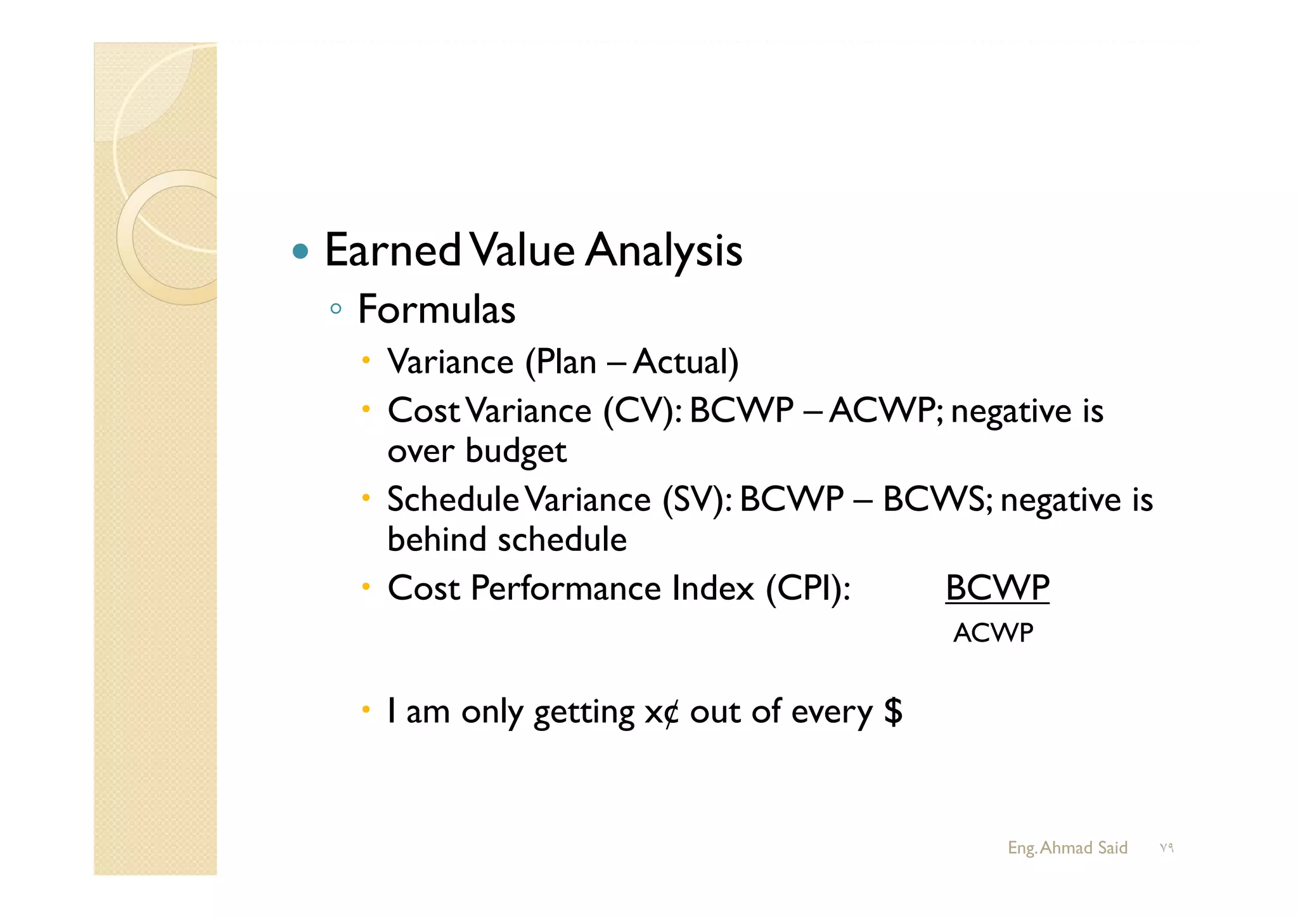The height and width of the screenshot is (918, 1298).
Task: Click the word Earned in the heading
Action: pos(392,250)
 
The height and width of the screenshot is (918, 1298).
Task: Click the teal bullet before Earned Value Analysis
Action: pos(301,252)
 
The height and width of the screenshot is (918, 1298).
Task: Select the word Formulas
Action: pos(437,309)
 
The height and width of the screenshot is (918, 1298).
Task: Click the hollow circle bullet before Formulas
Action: pos(336,309)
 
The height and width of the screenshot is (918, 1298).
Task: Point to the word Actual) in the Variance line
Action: pos(685,363)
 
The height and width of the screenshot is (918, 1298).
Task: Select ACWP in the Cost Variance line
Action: pos(885,411)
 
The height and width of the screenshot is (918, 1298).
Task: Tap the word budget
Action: pos(515,451)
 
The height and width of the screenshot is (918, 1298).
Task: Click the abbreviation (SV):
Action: pos(697,500)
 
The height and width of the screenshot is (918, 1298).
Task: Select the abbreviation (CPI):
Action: pos(808,588)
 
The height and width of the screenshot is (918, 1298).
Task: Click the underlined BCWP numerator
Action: pos(997,588)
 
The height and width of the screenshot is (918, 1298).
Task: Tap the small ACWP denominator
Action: pos(993,633)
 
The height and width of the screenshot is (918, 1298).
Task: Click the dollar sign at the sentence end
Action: pos(893,711)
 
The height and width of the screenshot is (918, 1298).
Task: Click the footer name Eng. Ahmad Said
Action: pos(1067,848)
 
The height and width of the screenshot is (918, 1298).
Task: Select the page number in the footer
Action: pos(1166,848)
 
